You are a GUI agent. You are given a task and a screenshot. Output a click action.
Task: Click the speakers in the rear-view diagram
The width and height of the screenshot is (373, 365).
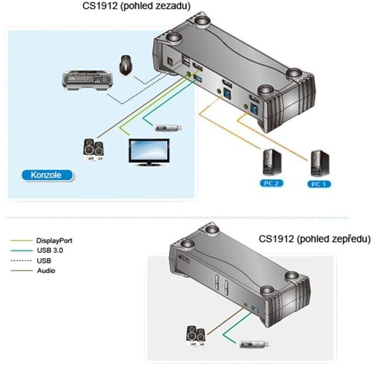pos(93,149)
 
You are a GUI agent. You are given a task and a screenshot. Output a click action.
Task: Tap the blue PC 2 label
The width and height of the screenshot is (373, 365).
pos(269,183)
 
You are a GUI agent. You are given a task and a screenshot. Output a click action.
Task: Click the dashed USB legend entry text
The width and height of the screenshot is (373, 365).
pos(44,260)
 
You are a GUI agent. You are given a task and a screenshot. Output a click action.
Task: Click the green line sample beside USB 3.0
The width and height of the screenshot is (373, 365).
pos(21,250)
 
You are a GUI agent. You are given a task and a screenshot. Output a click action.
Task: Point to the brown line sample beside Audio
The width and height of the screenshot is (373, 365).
pos(21,271)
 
